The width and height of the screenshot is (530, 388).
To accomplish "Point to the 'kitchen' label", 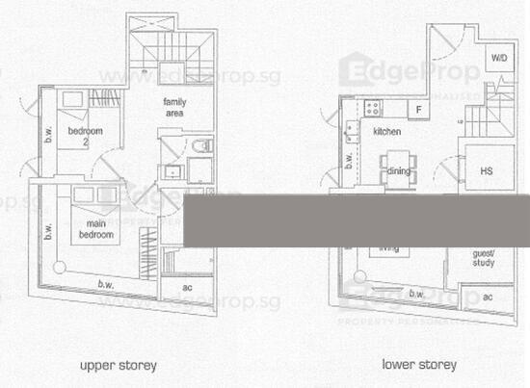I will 387,130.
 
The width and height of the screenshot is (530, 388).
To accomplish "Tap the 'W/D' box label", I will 499,59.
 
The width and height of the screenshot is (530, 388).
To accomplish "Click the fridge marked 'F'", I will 418,109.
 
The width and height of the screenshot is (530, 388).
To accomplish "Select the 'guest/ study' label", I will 483,259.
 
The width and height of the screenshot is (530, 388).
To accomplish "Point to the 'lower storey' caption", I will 419,365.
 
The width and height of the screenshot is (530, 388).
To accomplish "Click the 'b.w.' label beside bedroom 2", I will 46,137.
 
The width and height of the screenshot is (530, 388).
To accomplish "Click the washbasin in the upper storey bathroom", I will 172,172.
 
